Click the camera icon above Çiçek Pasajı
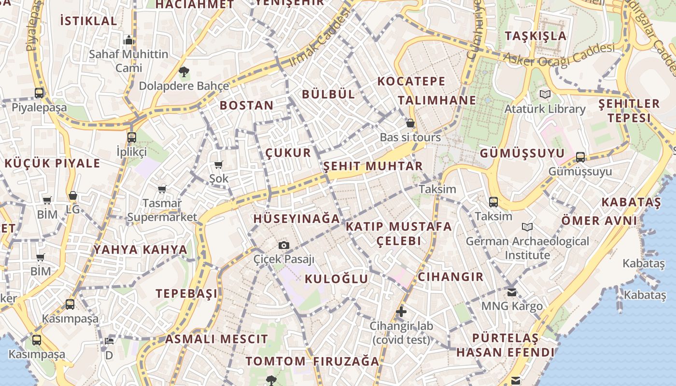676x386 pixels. coord(284,245)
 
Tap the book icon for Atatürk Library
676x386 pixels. coord(545,94)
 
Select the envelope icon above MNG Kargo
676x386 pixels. coord(512,292)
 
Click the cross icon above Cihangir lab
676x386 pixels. coord(401,312)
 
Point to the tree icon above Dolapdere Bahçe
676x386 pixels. coord(183,72)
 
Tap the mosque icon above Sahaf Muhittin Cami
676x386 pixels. coord(128,40)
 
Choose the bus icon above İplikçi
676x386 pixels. coord(132,138)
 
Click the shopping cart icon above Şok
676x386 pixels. coord(219,165)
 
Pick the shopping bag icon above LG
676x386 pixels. coord(73,195)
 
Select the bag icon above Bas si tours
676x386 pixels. coord(410,123)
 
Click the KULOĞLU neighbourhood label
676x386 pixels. coord(337,279)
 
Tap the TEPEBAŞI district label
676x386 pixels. coord(186,293)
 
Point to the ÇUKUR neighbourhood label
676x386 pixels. coord(288,153)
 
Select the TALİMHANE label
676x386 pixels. coord(437,100)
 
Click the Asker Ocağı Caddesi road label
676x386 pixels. coord(559,54)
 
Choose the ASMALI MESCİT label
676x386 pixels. coord(216,339)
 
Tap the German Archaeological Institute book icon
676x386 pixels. coord(527,227)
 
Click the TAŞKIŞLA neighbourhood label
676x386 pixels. coord(535,36)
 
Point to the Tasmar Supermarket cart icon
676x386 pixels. coord(162,189)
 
